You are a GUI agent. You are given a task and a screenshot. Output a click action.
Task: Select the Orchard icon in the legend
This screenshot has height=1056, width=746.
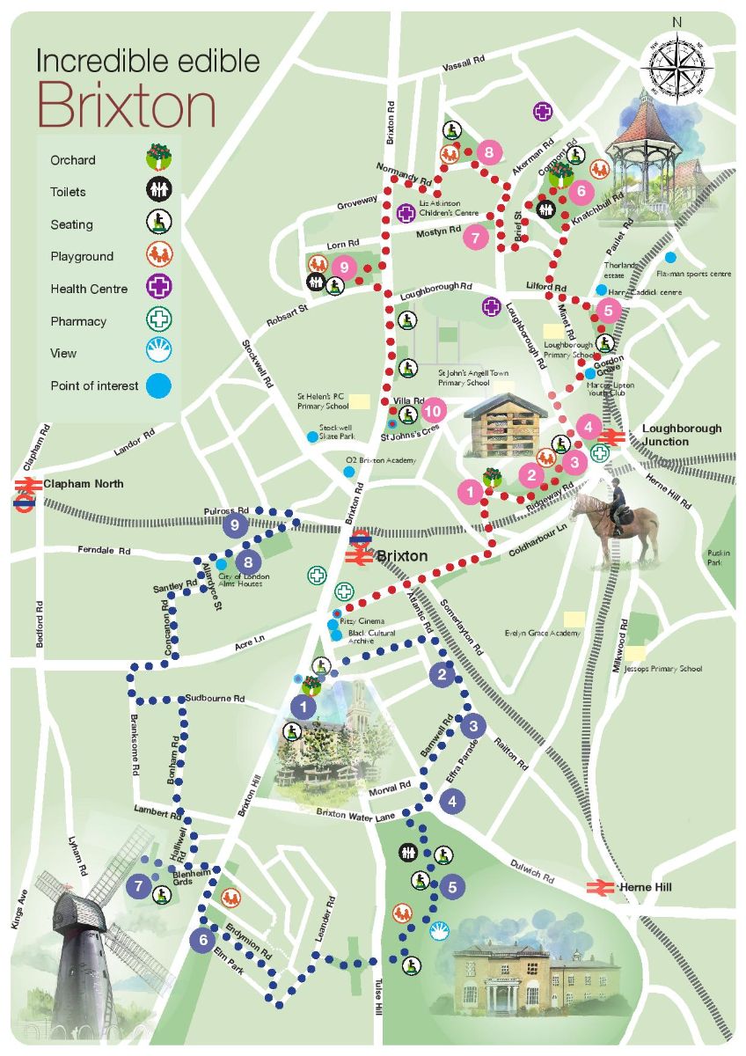[159, 159]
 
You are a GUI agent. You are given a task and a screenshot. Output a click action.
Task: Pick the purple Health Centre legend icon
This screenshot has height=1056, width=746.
[159, 288]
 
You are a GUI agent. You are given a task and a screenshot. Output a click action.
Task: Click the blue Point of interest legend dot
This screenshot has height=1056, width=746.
[159, 385]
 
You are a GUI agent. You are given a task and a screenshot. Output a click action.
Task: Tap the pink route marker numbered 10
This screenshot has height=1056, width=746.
[432, 410]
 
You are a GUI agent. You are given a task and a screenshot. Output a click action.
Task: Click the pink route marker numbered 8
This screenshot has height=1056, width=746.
[489, 153]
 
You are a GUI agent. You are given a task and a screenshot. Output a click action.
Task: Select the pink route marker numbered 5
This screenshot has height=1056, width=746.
[608, 310]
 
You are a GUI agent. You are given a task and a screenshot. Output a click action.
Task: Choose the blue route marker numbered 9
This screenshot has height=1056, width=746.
[234, 526]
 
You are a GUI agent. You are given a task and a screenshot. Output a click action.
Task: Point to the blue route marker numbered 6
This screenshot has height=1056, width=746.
[202, 940]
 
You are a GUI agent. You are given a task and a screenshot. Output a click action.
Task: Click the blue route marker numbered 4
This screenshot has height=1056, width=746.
[452, 802]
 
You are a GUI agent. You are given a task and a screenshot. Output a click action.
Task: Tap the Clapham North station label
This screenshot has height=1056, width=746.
[84, 484]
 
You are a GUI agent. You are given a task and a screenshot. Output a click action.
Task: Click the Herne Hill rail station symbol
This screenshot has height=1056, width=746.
[601, 887]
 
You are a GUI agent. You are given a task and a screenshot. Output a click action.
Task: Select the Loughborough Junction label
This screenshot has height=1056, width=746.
[681, 435]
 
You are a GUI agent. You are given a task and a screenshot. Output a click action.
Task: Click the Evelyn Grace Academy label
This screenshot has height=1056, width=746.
[543, 634]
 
